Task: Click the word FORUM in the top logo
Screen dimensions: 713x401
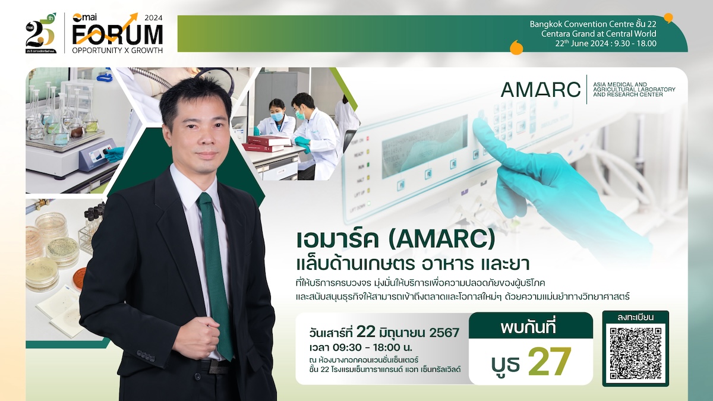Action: tap(118, 34)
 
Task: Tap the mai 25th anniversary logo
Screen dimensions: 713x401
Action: tap(41, 33)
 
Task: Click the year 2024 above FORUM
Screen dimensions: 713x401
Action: tap(153, 18)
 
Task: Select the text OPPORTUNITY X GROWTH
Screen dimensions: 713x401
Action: tap(118, 50)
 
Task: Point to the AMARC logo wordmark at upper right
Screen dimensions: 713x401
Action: tap(541, 90)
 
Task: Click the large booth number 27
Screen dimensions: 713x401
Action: tap(550, 361)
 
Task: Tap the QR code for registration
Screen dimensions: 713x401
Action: tap(636, 353)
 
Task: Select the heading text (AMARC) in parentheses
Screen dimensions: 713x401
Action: tap(442, 240)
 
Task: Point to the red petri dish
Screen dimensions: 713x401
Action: tap(80, 276)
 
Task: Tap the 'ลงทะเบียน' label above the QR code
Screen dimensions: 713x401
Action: tap(635, 317)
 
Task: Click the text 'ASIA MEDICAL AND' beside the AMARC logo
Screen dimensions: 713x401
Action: tap(620, 84)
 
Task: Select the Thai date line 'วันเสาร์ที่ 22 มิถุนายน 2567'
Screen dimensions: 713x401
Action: tap(384, 333)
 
